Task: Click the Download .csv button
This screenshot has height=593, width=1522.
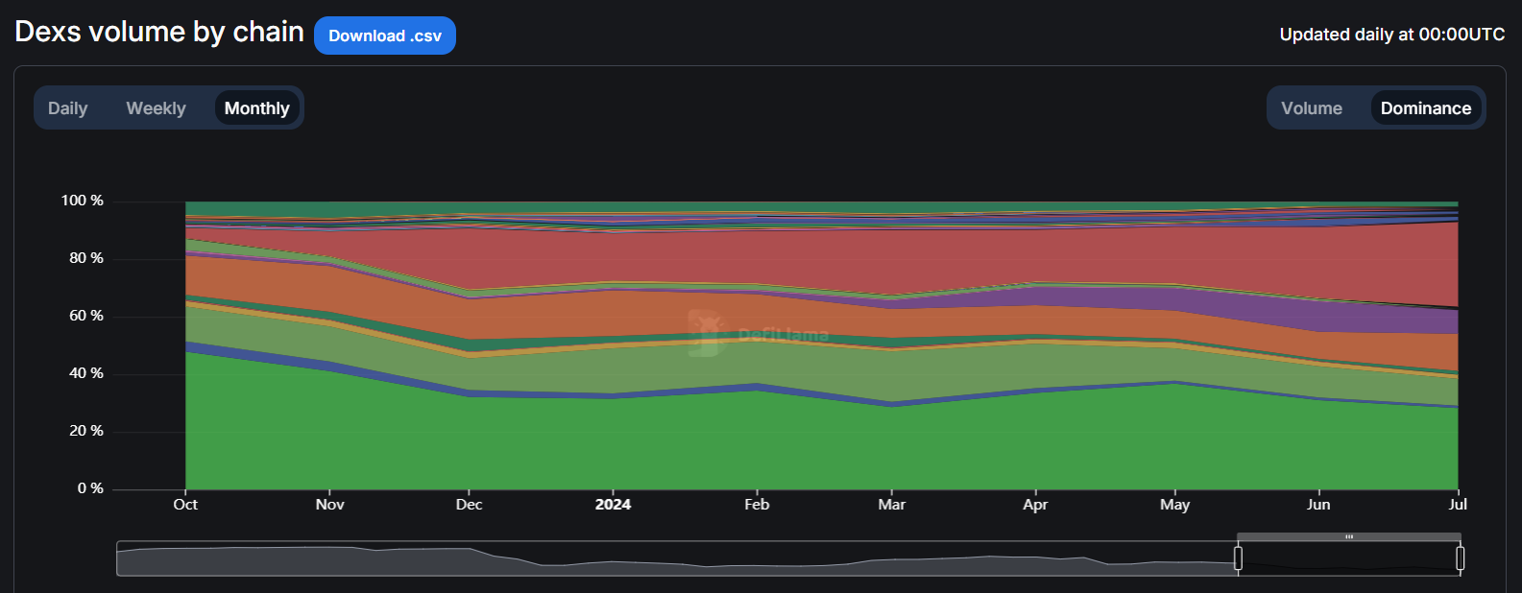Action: click(x=384, y=36)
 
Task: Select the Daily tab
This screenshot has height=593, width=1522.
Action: click(x=67, y=108)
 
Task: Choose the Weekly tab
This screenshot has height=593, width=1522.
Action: click(x=156, y=108)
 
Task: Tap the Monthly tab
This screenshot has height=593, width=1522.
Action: click(x=256, y=108)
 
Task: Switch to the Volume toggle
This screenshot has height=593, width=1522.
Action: click(x=1311, y=108)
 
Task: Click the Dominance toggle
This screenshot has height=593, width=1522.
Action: click(x=1425, y=108)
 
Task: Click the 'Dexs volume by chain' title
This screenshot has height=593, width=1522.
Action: click(x=159, y=32)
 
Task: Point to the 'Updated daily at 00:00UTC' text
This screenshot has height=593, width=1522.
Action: click(x=1391, y=35)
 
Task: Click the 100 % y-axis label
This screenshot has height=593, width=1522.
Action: click(x=83, y=201)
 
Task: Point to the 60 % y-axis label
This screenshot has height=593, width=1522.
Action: click(x=85, y=316)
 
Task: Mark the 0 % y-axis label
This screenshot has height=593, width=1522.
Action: click(x=90, y=488)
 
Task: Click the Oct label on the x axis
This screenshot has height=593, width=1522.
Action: click(x=185, y=505)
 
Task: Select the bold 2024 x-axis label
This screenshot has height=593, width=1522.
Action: click(x=613, y=505)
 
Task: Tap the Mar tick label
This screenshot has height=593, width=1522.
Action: click(x=891, y=505)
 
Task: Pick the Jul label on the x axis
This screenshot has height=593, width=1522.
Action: click(x=1457, y=505)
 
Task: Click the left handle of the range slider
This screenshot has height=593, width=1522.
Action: click(x=1238, y=558)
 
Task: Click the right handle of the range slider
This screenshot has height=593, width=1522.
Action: click(x=1460, y=558)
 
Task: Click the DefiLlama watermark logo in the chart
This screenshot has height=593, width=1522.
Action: click(x=706, y=333)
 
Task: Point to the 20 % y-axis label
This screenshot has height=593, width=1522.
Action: click(x=85, y=431)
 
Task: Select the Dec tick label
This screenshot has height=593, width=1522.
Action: click(x=469, y=505)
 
